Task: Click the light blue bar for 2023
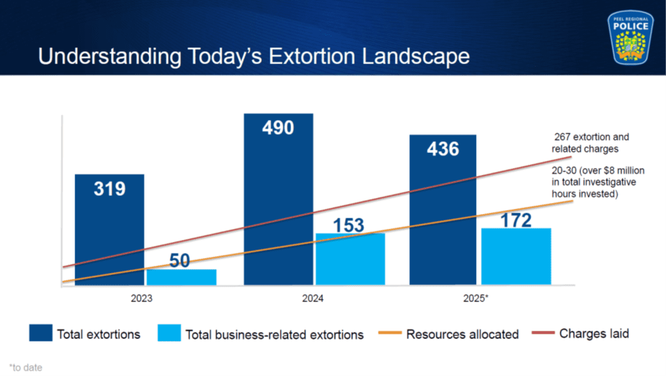(182, 277)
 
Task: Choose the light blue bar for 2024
(350, 259)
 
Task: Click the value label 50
(180, 261)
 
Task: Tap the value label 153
(349, 225)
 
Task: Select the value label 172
(516, 220)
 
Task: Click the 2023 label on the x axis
(142, 299)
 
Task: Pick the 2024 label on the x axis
(313, 299)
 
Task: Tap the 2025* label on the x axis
(477, 299)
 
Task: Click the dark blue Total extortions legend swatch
(41, 333)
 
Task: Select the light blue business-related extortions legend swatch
(169, 333)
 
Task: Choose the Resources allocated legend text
(462, 335)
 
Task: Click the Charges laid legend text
(594, 334)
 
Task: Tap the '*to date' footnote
(26, 368)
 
